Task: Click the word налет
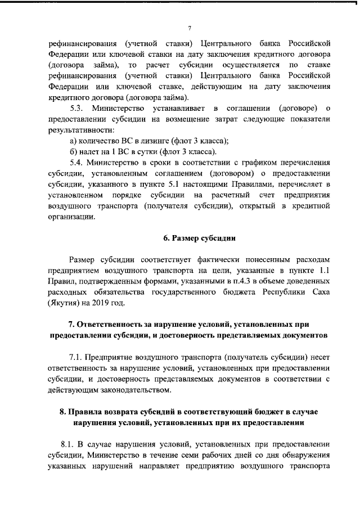coord(91,152)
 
